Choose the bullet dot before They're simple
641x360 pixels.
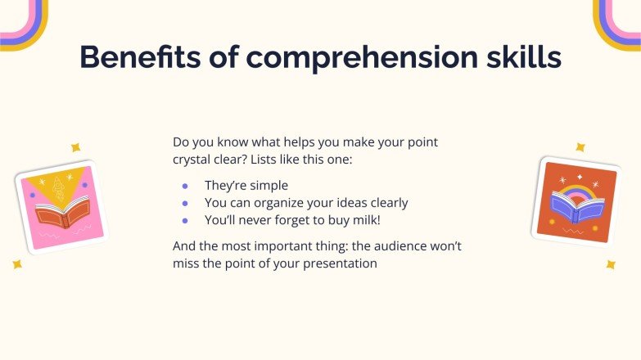[x=185, y=186]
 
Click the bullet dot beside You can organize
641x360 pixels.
[x=185, y=203]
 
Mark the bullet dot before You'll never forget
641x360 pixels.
[x=185, y=220]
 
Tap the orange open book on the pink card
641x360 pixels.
[x=62, y=215]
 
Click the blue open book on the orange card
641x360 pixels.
[x=577, y=209]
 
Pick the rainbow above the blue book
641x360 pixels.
[x=577, y=195]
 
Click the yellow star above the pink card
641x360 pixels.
[x=75, y=147]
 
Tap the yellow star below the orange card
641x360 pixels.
[x=610, y=264]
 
